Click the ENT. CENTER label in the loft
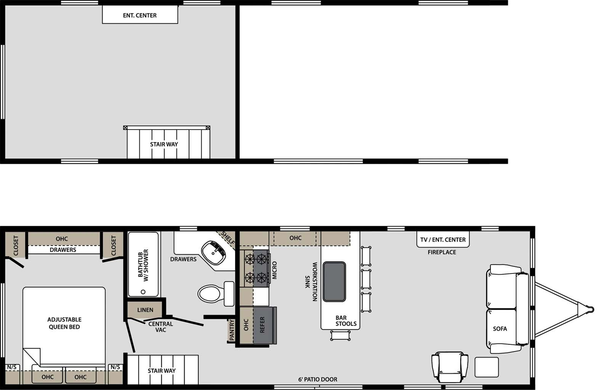[140, 15]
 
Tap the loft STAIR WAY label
[164, 144]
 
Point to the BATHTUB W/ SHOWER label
[143, 265]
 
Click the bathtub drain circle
[143, 292]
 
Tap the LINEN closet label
[145, 310]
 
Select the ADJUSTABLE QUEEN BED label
[64, 323]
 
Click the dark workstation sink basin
[334, 281]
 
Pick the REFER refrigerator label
[262, 325]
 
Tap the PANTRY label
[231, 330]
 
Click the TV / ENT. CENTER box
[443, 240]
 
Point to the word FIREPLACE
[441, 252]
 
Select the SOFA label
[499, 329]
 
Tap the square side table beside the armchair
[486, 367]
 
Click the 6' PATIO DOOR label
[318, 379]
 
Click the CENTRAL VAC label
[161, 327]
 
